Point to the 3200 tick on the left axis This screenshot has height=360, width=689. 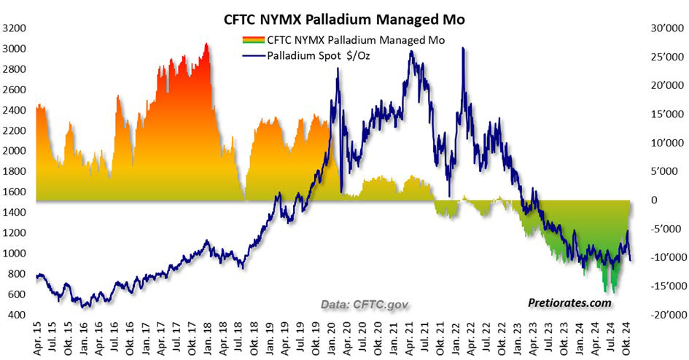click(x=14, y=28)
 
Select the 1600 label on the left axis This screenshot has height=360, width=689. click(x=14, y=192)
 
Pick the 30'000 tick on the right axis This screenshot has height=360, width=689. click(x=661, y=28)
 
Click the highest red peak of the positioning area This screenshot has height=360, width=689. click(x=206, y=44)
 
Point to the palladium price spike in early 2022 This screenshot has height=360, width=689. click(x=463, y=49)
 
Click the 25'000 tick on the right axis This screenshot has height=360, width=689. click(x=661, y=57)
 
